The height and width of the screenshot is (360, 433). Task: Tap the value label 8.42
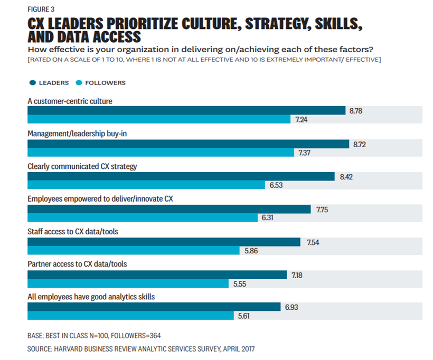[346, 176]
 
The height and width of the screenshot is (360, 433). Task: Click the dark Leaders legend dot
[33, 82]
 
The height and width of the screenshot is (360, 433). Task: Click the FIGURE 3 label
[41, 9]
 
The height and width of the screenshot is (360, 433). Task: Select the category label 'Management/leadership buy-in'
[77, 134]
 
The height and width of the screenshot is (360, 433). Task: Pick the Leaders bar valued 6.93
[154, 307]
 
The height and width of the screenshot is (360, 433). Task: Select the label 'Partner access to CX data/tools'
[77, 264]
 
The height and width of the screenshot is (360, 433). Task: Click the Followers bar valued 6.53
[146, 185]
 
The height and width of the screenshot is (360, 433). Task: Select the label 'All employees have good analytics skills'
[91, 297]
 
